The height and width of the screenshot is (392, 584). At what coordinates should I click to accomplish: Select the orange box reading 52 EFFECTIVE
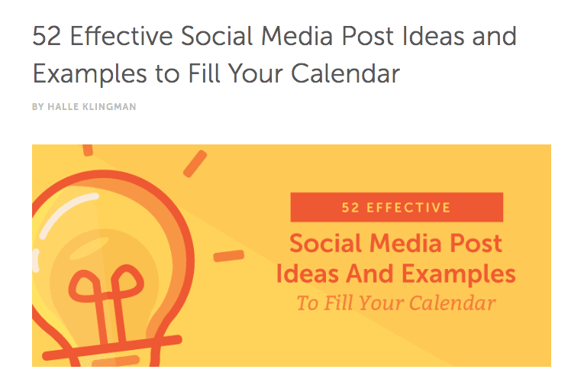point(396,207)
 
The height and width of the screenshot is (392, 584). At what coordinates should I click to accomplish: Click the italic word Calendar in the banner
point(456,303)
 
